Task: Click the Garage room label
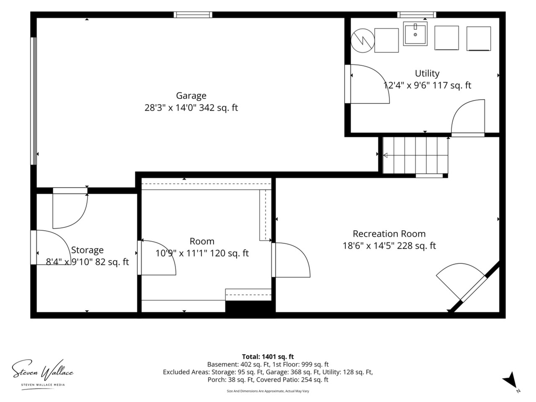coord(191,95)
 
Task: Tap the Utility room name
coord(427,73)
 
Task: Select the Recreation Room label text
coord(389,234)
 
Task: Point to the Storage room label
coord(87,250)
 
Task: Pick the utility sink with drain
coord(415,33)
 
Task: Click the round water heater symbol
coord(363,41)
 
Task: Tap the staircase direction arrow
coord(416,155)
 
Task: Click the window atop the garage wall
coord(193,15)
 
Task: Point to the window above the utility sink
coord(416,15)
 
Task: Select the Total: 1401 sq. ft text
coord(268,357)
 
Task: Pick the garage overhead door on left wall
coord(33,101)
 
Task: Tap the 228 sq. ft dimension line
coord(389,245)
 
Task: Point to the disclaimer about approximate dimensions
coord(268,391)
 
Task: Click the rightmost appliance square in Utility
coord(479,39)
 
